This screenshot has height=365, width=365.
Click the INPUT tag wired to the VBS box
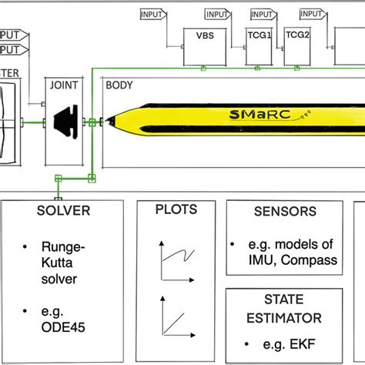click(152, 15)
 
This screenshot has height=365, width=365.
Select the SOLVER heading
click(63, 210)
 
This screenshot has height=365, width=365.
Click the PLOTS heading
click(176, 209)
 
